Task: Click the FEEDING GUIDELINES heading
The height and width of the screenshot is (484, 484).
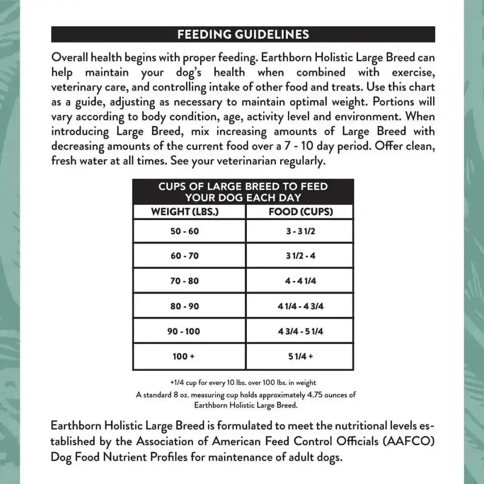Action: (243, 34)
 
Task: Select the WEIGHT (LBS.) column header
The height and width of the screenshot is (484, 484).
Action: (184, 212)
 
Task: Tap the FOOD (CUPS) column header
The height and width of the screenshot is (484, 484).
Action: (301, 212)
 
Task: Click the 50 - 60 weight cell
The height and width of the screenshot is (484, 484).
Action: (184, 231)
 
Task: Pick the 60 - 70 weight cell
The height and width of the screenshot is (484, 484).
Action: (184, 256)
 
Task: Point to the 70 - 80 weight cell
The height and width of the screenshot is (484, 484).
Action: (184, 281)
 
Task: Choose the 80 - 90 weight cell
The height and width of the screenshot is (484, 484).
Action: (184, 306)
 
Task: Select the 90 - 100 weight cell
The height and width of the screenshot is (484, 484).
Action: (184, 331)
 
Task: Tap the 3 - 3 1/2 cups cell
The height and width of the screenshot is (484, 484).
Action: (301, 231)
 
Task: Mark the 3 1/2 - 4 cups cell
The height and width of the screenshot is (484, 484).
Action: (301, 256)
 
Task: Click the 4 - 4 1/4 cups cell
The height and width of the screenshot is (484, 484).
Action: (301, 281)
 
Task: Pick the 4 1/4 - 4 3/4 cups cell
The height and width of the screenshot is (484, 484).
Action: (301, 306)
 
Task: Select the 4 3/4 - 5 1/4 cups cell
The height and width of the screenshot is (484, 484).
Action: (301, 331)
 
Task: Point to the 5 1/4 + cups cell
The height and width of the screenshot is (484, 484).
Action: (301, 357)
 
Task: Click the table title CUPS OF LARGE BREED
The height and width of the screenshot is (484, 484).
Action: (243, 192)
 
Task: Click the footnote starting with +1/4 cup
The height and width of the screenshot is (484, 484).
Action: (247, 383)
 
